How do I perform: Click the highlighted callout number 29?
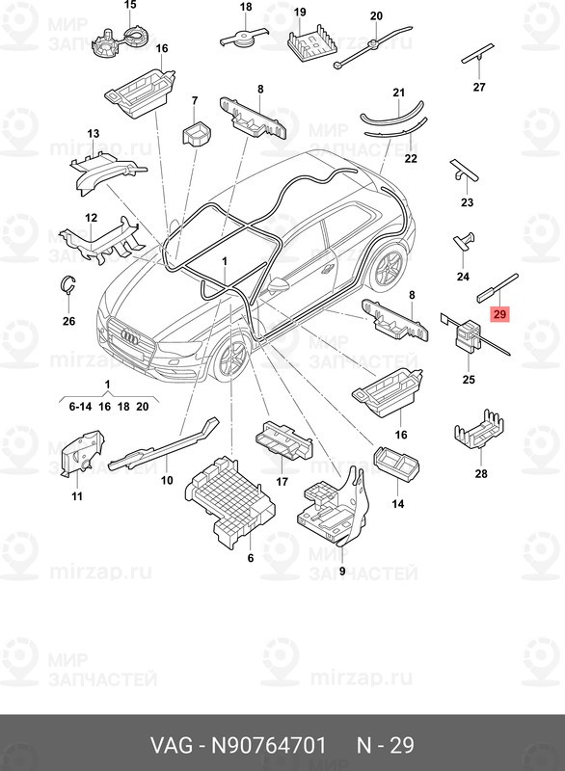[498, 314]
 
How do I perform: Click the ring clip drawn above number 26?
[67, 283]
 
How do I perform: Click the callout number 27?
[479, 88]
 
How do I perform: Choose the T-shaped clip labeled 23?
[465, 173]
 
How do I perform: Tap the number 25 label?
[469, 380]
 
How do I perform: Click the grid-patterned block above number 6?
[229, 497]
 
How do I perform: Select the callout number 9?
[341, 572]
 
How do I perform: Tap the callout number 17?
[282, 482]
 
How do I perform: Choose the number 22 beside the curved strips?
[411, 158]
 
